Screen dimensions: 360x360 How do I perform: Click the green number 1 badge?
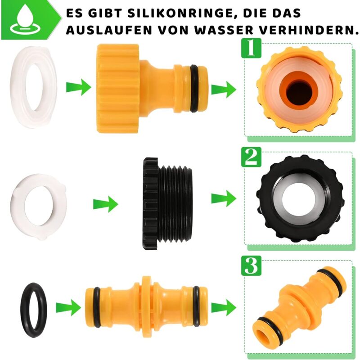252,48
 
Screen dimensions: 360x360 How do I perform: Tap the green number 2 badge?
252,157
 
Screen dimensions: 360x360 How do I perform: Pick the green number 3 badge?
252,265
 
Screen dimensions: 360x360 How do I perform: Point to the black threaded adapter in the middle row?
167,204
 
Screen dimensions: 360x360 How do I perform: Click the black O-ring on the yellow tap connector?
194,89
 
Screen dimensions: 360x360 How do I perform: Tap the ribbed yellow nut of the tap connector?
117,89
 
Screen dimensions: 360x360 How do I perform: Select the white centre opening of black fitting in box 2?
299,200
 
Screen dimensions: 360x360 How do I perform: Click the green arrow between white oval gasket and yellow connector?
78,87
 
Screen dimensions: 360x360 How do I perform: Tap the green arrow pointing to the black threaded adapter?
105,204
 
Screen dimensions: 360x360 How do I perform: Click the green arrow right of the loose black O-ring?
68,308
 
